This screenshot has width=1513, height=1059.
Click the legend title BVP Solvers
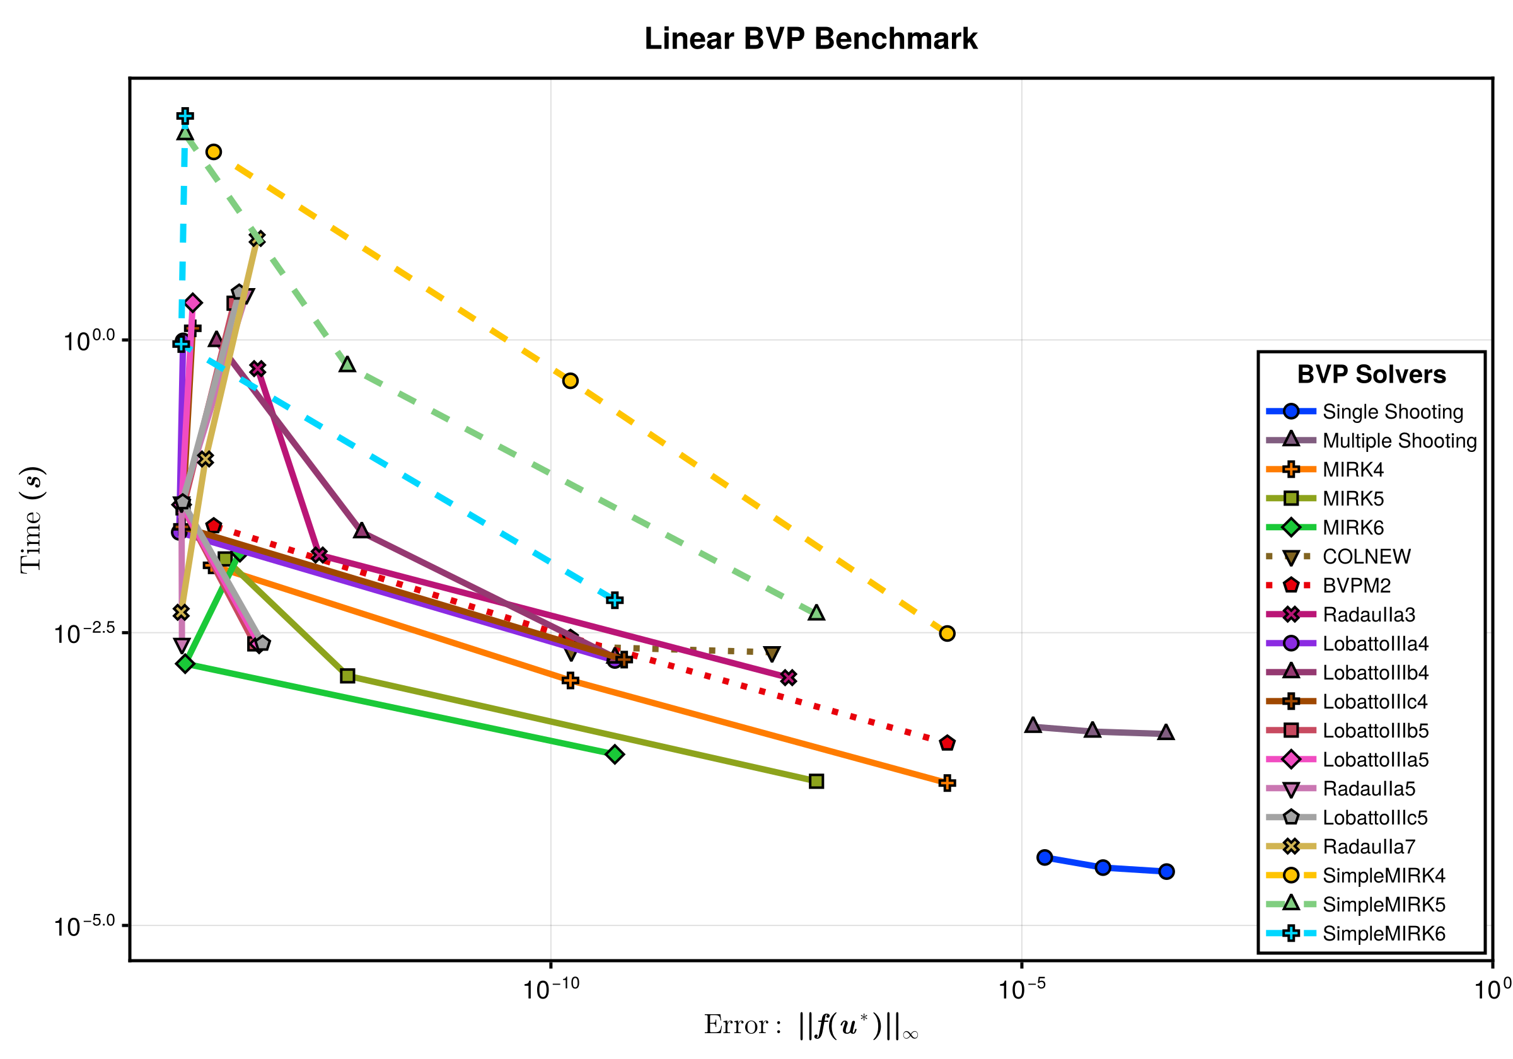1371,374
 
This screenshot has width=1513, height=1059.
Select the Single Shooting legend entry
1393,412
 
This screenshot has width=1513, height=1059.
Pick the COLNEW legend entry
1366,557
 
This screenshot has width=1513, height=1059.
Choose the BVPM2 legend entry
1356,586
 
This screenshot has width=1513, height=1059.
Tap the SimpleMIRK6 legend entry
1383,934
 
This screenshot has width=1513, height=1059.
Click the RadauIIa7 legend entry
1369,847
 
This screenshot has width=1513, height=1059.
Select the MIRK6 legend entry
1353,528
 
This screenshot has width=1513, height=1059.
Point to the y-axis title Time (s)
32,519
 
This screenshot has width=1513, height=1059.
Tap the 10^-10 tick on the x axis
550,989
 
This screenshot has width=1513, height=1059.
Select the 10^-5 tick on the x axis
1021,989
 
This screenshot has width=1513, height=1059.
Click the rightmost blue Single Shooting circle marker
1166,871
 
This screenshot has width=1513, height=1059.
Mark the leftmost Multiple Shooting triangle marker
1033,726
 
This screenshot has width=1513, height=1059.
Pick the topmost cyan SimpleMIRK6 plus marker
185,116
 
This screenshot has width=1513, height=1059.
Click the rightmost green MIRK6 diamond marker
614,754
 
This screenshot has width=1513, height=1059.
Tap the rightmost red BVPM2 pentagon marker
947,743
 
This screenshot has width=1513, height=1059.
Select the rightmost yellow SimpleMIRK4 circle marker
947,634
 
